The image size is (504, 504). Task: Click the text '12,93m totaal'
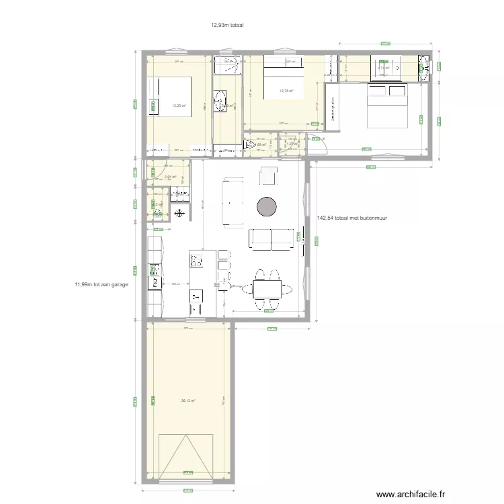point(227,25)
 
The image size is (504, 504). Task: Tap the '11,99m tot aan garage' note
point(101,284)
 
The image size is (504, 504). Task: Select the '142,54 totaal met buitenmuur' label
point(351,218)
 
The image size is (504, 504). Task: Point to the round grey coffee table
point(267,206)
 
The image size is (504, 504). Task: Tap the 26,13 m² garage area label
point(188,401)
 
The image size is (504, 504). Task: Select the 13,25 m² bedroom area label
point(178,106)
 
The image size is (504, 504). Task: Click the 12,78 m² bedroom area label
point(286,91)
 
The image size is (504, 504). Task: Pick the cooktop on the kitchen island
point(196,259)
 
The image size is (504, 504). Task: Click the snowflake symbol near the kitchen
point(179,214)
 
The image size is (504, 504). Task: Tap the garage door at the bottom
point(185,458)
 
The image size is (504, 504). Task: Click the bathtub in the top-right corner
point(423,69)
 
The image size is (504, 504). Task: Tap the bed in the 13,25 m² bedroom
point(169,96)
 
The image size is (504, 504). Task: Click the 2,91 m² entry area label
point(169,177)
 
